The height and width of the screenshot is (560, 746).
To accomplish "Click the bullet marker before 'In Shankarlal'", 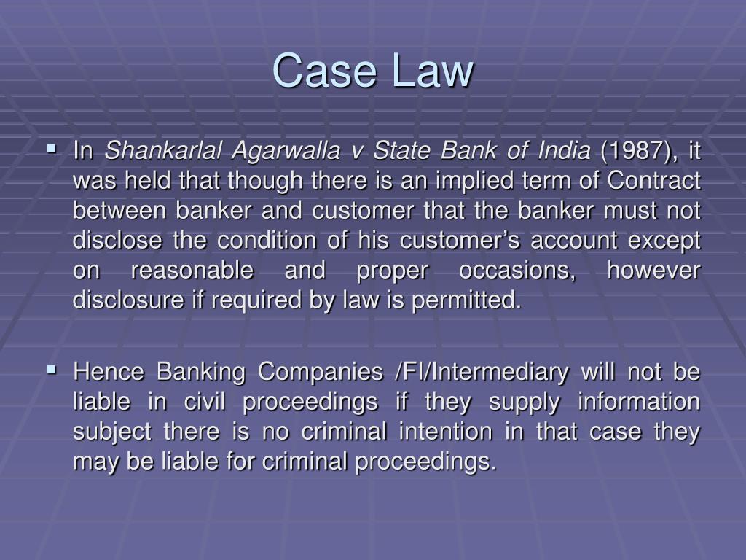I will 51,149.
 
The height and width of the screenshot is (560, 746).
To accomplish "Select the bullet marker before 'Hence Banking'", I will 51,370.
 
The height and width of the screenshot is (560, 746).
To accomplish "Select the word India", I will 564,152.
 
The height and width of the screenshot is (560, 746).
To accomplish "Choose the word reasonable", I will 192,270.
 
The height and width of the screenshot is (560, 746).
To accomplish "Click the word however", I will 653,270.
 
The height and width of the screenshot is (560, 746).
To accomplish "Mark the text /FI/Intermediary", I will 480,373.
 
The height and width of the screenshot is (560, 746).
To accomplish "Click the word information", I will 637,402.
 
